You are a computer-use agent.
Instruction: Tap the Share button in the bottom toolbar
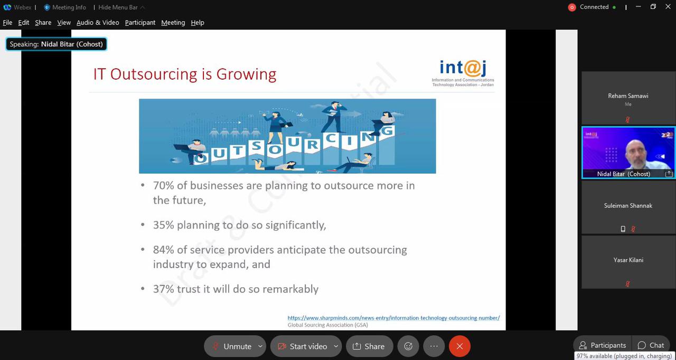[369, 346]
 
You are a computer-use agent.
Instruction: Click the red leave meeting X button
[459, 346]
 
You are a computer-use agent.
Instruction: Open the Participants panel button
[603, 345]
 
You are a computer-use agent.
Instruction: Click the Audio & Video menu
[98, 23]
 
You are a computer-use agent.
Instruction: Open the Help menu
[198, 23]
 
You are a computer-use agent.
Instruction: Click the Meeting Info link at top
[65, 7]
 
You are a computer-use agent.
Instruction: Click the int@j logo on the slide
[463, 73]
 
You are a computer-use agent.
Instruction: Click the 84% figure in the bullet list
[163, 250]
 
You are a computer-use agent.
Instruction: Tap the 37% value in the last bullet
[163, 289]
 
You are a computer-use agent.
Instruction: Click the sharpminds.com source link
[393, 318]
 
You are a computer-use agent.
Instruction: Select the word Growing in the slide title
[246, 75]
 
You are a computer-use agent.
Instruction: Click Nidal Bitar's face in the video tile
[636, 154]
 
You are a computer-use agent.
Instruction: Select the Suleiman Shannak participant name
[628, 206]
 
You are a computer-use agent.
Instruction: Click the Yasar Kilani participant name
[628, 260]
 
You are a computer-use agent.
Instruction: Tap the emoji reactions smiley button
[408, 346]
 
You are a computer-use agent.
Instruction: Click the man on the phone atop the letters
[334, 117]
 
